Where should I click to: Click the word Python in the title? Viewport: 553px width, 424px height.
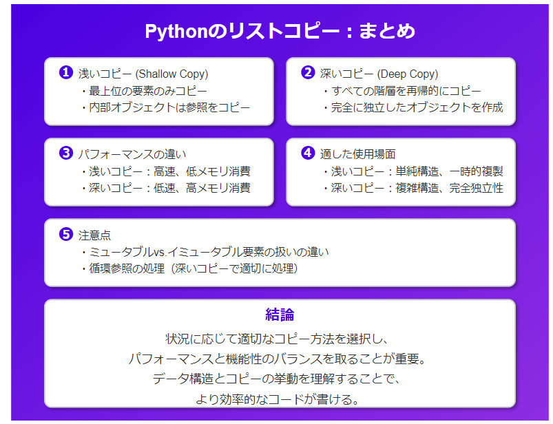click(176, 32)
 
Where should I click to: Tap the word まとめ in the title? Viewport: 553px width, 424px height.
click(387, 31)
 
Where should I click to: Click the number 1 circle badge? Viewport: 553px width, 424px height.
click(66, 72)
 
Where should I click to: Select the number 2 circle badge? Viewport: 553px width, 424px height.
click(308, 72)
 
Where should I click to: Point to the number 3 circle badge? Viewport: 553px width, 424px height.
click(66, 153)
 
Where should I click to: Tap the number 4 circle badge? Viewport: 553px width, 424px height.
click(308, 153)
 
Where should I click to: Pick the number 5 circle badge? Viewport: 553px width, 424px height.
click(66, 234)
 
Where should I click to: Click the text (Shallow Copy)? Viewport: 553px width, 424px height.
click(171, 74)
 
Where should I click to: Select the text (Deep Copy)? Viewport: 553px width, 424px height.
click(408, 74)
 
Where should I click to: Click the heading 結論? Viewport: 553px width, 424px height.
click(280, 315)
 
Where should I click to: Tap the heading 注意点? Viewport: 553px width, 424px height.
click(94, 235)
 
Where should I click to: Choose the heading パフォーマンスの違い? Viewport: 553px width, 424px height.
click(132, 154)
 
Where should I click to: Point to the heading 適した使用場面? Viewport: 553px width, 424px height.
click(357, 154)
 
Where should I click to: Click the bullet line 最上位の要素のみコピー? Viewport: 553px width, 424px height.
click(144, 91)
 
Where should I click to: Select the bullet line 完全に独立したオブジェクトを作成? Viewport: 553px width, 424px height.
click(413, 107)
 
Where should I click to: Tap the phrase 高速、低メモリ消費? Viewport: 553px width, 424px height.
click(202, 171)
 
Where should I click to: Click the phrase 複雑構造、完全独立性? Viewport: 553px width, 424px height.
click(449, 188)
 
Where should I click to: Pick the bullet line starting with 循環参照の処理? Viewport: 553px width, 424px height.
click(190, 268)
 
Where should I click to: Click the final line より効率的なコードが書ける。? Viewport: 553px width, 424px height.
click(278, 399)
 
